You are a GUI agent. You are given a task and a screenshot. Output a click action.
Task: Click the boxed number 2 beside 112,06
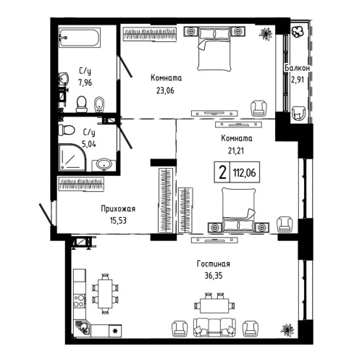click(x=219, y=172)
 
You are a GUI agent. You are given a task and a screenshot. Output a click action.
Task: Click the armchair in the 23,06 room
click(x=258, y=109)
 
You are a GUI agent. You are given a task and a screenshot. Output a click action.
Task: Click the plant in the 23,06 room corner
click(x=266, y=33)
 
